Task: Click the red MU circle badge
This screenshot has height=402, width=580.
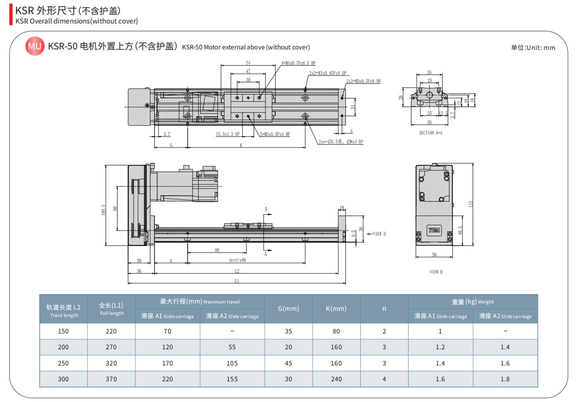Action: click(x=35, y=46)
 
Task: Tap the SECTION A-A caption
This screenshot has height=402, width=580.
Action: click(x=430, y=133)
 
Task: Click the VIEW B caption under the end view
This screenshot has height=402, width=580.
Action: click(x=436, y=272)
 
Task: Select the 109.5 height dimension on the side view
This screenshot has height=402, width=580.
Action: click(x=104, y=210)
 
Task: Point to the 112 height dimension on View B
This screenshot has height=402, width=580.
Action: click(x=470, y=204)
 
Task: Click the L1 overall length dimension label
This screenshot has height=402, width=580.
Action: click(x=236, y=281)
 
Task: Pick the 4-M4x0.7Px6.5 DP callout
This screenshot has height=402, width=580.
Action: click(x=298, y=63)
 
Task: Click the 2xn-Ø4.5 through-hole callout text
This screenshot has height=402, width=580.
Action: click(x=341, y=142)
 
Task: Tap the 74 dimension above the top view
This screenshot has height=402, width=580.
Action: click(x=248, y=63)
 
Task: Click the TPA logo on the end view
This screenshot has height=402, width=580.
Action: click(x=434, y=230)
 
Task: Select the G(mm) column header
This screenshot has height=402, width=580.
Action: click(x=288, y=309)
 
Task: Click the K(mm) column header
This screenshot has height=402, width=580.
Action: click(x=336, y=309)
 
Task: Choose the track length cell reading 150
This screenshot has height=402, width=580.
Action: click(x=63, y=331)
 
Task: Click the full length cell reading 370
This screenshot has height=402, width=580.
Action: click(x=111, y=379)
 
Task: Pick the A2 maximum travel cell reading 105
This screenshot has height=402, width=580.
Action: click(x=232, y=363)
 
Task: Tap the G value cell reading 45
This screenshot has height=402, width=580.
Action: click(x=288, y=363)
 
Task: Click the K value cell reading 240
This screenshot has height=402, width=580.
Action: click(x=336, y=379)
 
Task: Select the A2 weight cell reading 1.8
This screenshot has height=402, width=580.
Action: click(x=505, y=379)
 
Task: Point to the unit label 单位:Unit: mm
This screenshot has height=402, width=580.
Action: click(x=533, y=48)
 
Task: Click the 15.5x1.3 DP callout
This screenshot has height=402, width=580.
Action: click(x=228, y=134)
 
